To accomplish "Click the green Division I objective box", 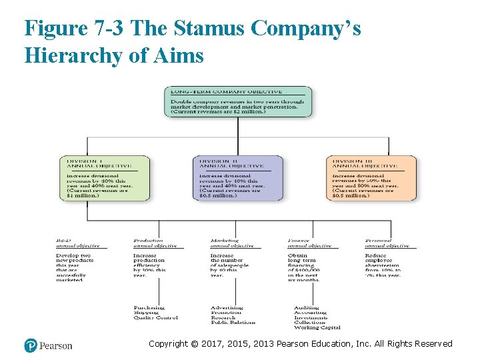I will click(x=107, y=178).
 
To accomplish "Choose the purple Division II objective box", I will click(x=238, y=178).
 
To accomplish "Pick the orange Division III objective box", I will click(x=371, y=178).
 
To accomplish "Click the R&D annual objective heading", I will click(x=78, y=243).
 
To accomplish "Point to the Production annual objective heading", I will click(x=154, y=243).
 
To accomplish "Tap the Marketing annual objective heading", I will click(x=231, y=243).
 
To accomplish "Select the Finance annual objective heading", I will click(x=309, y=243).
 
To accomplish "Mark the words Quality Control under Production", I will click(x=156, y=318).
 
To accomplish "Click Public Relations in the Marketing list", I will click(x=233, y=323).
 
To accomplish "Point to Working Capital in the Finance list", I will click(x=317, y=327).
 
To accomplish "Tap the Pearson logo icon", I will click(x=31, y=345).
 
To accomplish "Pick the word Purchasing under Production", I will click(x=149, y=308).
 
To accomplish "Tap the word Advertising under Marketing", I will click(x=227, y=308).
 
